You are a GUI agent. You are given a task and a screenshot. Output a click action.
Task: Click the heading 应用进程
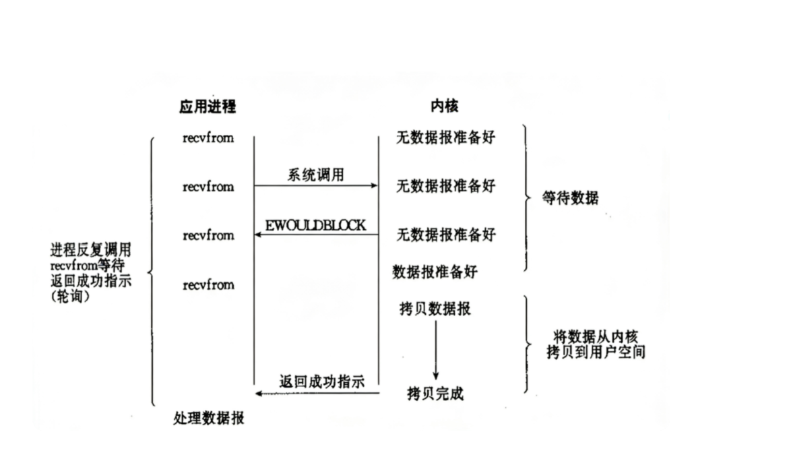[x=208, y=106]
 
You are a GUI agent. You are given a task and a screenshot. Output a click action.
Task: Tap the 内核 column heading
[x=445, y=106]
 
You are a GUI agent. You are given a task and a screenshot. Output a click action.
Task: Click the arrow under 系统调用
[x=315, y=185]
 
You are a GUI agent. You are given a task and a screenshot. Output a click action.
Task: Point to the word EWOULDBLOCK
[x=315, y=225]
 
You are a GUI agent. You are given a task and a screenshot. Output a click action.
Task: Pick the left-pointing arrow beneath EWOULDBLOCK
[x=315, y=235]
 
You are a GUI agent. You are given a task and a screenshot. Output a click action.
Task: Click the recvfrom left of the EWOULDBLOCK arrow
[x=208, y=235]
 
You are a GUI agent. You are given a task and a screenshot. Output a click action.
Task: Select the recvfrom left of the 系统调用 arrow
[x=208, y=186]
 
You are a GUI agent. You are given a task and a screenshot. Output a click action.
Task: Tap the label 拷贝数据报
[x=435, y=309]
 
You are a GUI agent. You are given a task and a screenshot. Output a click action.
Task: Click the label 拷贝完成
[x=435, y=393]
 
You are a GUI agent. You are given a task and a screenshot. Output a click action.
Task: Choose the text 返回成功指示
[x=321, y=382]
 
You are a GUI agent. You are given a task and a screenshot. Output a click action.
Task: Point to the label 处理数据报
[x=208, y=419]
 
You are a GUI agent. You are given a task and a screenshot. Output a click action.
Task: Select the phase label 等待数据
[x=570, y=198]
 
